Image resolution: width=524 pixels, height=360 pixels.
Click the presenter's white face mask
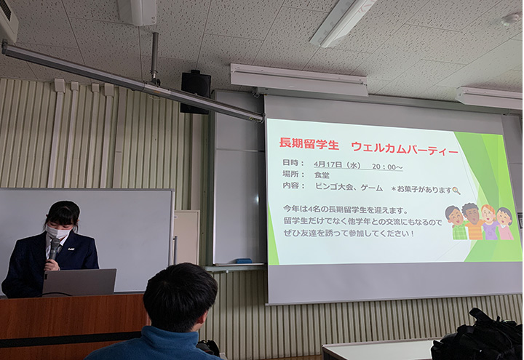click(58, 232)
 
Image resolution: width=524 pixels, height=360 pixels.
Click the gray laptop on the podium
click(79, 282)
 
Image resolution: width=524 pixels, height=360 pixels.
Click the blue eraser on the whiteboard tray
click(244, 260)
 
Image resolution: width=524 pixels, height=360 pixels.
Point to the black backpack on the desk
click(478, 337)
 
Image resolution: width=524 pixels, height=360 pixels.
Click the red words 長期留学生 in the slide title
click(309, 144)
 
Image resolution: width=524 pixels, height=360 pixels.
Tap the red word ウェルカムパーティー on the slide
click(405, 148)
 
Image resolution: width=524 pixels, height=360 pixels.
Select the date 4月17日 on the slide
click(328, 164)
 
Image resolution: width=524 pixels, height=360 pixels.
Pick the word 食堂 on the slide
click(322, 175)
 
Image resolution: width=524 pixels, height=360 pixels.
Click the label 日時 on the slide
click(290, 163)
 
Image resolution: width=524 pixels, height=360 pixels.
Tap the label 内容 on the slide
click(290, 185)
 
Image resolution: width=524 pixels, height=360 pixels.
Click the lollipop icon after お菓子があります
click(456, 191)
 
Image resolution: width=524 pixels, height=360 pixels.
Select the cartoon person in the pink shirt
click(504, 223)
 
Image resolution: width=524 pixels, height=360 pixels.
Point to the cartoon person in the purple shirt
click(489, 222)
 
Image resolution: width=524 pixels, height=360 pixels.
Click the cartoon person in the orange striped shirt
click(472, 221)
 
